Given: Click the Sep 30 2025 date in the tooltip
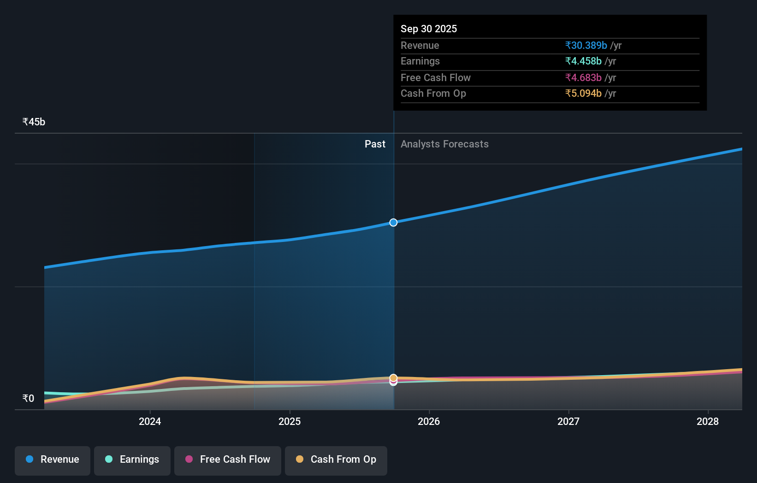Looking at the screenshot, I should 428,29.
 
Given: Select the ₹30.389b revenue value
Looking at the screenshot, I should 586,45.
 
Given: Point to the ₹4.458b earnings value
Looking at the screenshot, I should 583,61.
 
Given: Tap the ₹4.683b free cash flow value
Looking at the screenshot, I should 583,77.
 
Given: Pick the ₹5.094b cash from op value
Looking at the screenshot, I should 583,93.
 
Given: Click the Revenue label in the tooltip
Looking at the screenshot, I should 420,45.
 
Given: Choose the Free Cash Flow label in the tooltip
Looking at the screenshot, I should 435,77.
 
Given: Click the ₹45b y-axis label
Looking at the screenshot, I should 34,122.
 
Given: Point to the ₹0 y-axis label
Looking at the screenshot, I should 28,398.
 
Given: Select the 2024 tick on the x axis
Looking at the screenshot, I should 150,421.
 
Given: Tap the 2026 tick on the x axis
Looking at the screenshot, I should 429,421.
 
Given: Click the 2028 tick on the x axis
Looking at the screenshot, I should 707,421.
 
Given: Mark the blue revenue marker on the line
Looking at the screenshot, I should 393,223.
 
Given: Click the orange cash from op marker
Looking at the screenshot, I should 393,377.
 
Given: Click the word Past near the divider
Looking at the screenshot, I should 375,144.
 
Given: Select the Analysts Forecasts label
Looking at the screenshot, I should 444,144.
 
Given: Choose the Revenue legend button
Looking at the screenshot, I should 53,459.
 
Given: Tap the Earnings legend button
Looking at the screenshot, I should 132,459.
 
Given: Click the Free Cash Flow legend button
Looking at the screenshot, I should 228,459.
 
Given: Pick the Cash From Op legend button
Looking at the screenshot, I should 336,459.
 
